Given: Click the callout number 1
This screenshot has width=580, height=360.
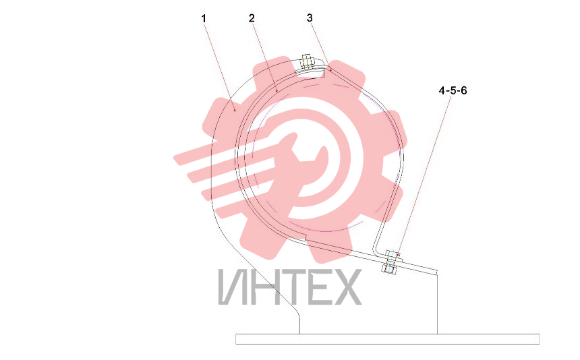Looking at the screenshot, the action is coord(204,18).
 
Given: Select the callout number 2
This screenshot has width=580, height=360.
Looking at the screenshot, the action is coord(252,18).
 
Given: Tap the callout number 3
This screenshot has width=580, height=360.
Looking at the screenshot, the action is coord(310,18).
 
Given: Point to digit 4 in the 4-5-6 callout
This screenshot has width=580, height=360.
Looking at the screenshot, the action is coord(442,90).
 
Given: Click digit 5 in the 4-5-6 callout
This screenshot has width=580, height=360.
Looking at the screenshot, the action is coord(453,90).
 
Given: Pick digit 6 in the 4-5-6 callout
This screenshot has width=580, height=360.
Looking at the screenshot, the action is coord(463,90).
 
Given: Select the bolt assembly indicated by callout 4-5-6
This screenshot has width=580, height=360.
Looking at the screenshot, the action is coord(391,262).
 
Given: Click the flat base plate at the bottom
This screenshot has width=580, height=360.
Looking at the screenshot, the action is coord(387,339).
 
